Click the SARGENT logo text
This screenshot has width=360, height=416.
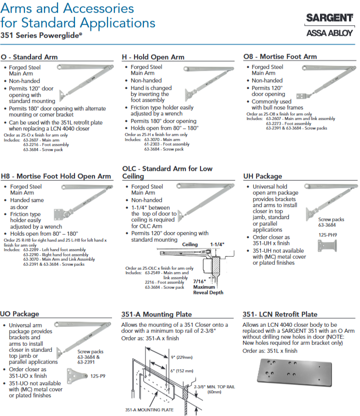[329, 19]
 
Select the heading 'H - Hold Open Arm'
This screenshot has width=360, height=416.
[153, 57]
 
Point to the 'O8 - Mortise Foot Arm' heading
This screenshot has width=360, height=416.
[280, 57]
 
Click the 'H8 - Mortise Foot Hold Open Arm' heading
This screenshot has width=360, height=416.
[56, 176]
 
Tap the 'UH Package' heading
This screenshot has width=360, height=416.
[262, 176]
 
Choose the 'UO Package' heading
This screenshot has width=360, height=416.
[19, 314]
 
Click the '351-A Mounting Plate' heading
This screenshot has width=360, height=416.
[156, 314]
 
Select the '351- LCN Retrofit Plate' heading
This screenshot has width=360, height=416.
[280, 314]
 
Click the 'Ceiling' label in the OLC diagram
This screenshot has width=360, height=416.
[190, 244]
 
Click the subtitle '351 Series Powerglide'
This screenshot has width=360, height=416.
[41, 36]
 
